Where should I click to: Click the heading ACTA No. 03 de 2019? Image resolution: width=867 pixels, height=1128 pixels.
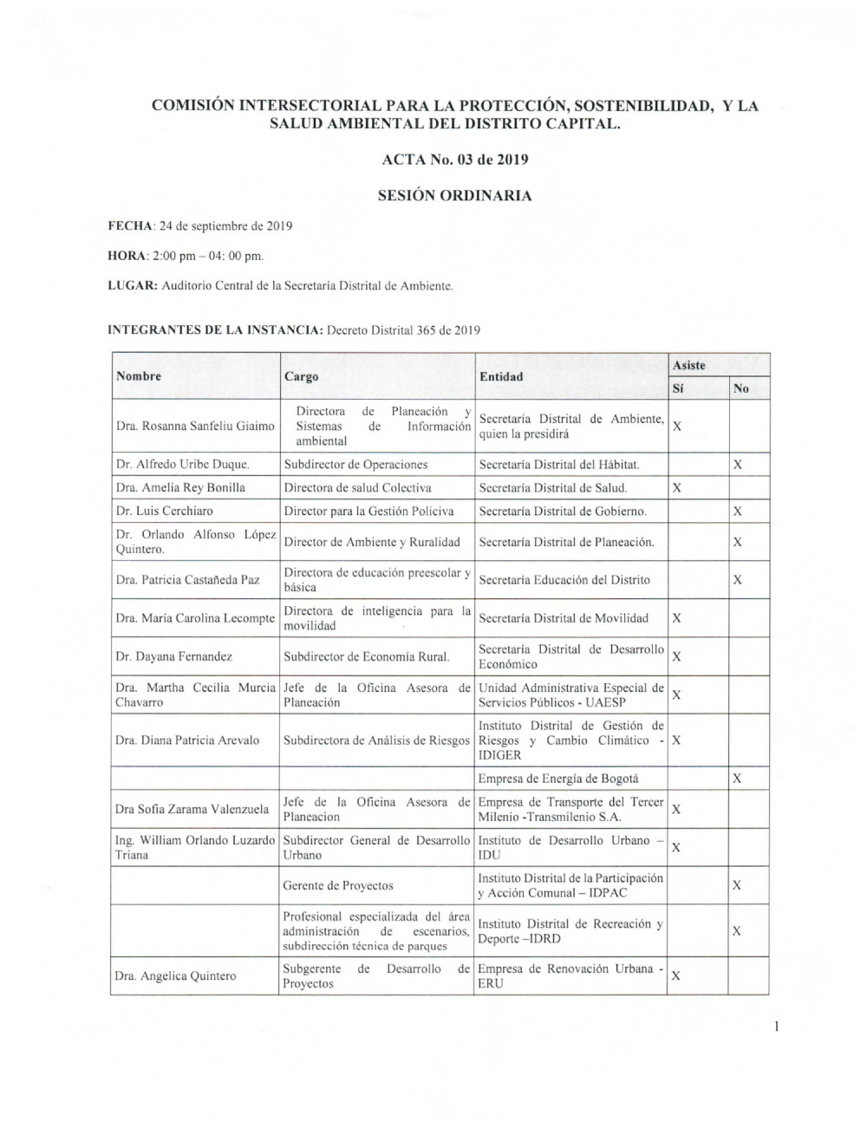click(x=454, y=160)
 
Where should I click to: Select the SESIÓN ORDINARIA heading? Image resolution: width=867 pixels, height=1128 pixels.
click(x=454, y=196)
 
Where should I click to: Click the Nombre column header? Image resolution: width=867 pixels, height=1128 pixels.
click(x=139, y=376)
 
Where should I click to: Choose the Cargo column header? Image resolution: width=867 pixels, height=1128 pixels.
click(x=301, y=376)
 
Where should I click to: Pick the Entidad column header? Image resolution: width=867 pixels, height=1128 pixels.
click(x=501, y=376)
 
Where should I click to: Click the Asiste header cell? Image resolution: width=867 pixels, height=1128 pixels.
click(x=689, y=365)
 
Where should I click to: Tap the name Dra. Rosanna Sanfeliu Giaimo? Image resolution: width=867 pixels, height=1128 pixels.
click(x=195, y=426)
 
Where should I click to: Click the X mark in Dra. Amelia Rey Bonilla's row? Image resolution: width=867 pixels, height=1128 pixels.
click(x=677, y=488)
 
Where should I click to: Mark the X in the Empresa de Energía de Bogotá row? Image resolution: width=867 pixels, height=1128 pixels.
click(x=737, y=779)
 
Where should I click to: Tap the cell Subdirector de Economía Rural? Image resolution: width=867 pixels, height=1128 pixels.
click(x=367, y=656)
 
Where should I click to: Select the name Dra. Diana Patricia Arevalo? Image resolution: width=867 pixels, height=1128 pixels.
click(x=187, y=740)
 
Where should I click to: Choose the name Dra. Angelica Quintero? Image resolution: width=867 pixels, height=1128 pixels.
click(x=175, y=976)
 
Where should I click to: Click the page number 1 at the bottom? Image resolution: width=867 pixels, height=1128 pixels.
click(x=777, y=1027)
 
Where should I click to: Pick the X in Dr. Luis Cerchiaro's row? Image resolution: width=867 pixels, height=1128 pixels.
click(x=737, y=512)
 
